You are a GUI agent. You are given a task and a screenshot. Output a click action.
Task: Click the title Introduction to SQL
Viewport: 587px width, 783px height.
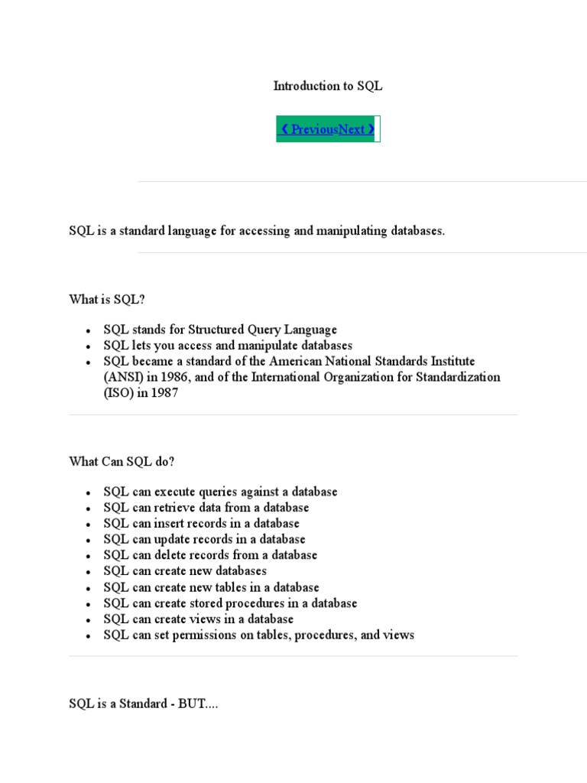coord(328,86)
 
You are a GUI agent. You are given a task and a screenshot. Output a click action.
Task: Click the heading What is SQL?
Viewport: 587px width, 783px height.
coord(107,300)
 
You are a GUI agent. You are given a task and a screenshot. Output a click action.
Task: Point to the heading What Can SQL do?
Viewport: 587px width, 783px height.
coord(122,462)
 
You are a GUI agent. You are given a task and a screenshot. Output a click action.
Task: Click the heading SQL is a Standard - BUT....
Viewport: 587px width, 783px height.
coord(143,704)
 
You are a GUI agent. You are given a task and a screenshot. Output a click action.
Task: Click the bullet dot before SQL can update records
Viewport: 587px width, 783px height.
coord(89,541)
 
